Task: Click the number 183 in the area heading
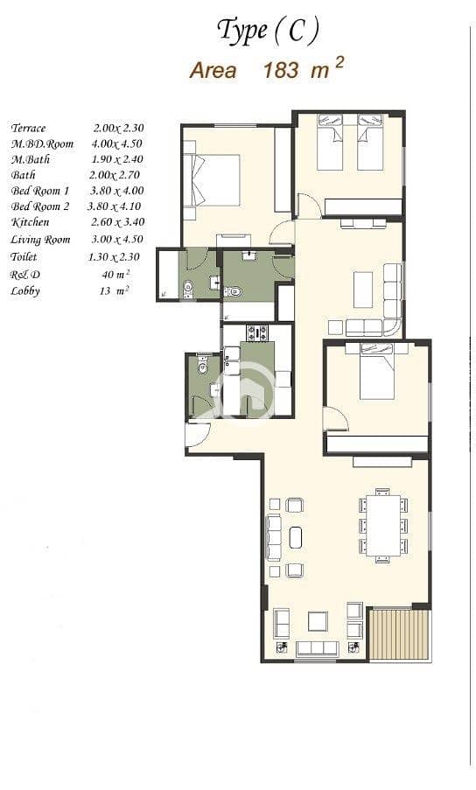tap(281, 70)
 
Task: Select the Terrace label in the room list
tap(28, 128)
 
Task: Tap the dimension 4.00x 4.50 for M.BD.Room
tap(117, 143)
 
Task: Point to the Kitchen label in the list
tap(31, 222)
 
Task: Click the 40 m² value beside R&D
tap(115, 274)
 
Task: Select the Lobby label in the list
tap(25, 291)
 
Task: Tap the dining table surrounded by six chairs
tap(383, 526)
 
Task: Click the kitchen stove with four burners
tap(257, 332)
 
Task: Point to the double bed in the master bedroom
tap(212, 180)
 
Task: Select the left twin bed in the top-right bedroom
tap(330, 142)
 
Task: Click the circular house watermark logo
tap(247, 391)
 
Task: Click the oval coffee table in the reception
tap(296, 537)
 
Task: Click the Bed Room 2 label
tap(39, 206)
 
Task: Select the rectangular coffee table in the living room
tap(363, 290)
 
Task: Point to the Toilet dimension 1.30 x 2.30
tap(114, 257)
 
